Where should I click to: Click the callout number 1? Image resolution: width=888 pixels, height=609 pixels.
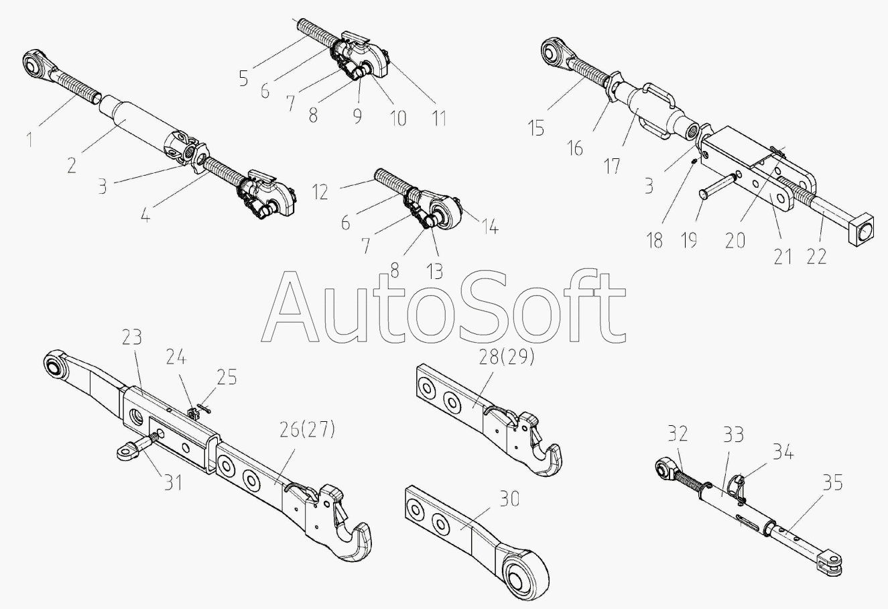pyautogui.click(x=29, y=140)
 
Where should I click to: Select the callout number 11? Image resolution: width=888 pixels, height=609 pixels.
pyautogui.click(x=438, y=118)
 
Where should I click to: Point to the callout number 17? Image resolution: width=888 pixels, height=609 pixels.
pyautogui.click(x=613, y=165)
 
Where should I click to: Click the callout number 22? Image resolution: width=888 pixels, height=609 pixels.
pyautogui.click(x=816, y=256)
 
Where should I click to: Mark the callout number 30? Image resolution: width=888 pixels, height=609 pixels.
pyautogui.click(x=510, y=498)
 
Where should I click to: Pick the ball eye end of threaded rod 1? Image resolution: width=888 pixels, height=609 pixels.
pyautogui.click(x=34, y=64)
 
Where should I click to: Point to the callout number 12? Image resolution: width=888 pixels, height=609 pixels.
pyautogui.click(x=320, y=192)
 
